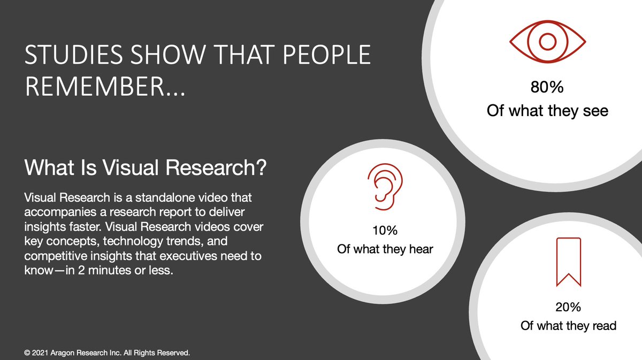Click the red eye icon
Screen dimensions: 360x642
click(547, 41)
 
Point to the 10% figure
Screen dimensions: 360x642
click(385, 231)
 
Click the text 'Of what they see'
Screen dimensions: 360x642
click(547, 111)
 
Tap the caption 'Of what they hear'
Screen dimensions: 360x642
click(385, 249)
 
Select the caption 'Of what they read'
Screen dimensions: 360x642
click(569, 325)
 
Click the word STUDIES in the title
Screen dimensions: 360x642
click(66, 56)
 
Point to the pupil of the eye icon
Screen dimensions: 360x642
click(547, 41)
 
